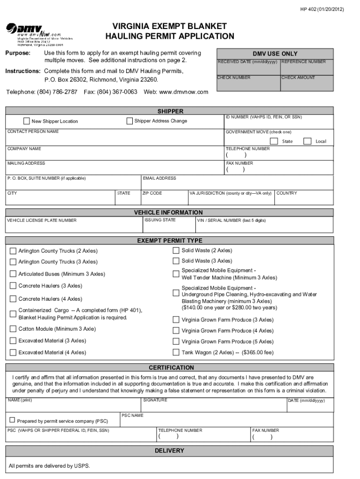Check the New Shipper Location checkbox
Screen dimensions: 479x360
[x=27, y=121]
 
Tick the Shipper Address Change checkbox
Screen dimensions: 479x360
[x=130, y=121]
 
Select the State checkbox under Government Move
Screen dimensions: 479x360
[x=274, y=141]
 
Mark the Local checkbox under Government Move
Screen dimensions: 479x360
[x=307, y=141]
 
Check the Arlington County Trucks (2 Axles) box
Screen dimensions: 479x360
[x=13, y=251]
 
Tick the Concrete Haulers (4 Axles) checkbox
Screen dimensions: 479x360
[x=13, y=299]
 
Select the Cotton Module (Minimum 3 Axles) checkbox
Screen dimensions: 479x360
[x=13, y=329]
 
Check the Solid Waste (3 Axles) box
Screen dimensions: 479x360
[x=176, y=261]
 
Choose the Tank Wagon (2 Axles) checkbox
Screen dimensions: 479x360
[x=176, y=352]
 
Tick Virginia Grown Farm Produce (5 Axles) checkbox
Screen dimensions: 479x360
[x=176, y=341]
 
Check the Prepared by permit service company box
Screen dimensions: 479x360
[x=12, y=420]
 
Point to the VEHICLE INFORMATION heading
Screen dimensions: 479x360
[x=168, y=212]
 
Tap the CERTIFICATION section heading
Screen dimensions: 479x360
[x=171, y=368]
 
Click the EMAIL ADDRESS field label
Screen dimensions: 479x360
[x=160, y=178]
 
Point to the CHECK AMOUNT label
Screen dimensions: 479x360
[x=298, y=78]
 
